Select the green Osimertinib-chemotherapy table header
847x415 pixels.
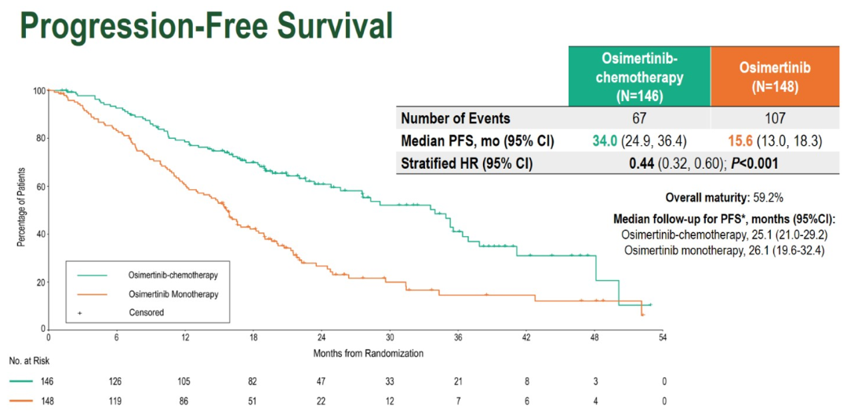pyautogui.click(x=639, y=77)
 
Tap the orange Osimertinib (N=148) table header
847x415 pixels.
pyautogui.click(x=774, y=77)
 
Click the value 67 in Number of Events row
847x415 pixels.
pyautogui.click(x=639, y=118)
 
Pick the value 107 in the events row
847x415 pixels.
pyautogui.click(x=774, y=118)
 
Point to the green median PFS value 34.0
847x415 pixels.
pyautogui.click(x=609, y=141)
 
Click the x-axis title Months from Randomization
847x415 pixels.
pyautogui.click(x=368, y=353)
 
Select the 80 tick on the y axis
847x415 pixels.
pyautogui.click(x=38, y=139)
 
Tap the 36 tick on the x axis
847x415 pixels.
pyautogui.click(x=457, y=338)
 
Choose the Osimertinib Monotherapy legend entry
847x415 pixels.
pyautogui.click(x=173, y=293)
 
